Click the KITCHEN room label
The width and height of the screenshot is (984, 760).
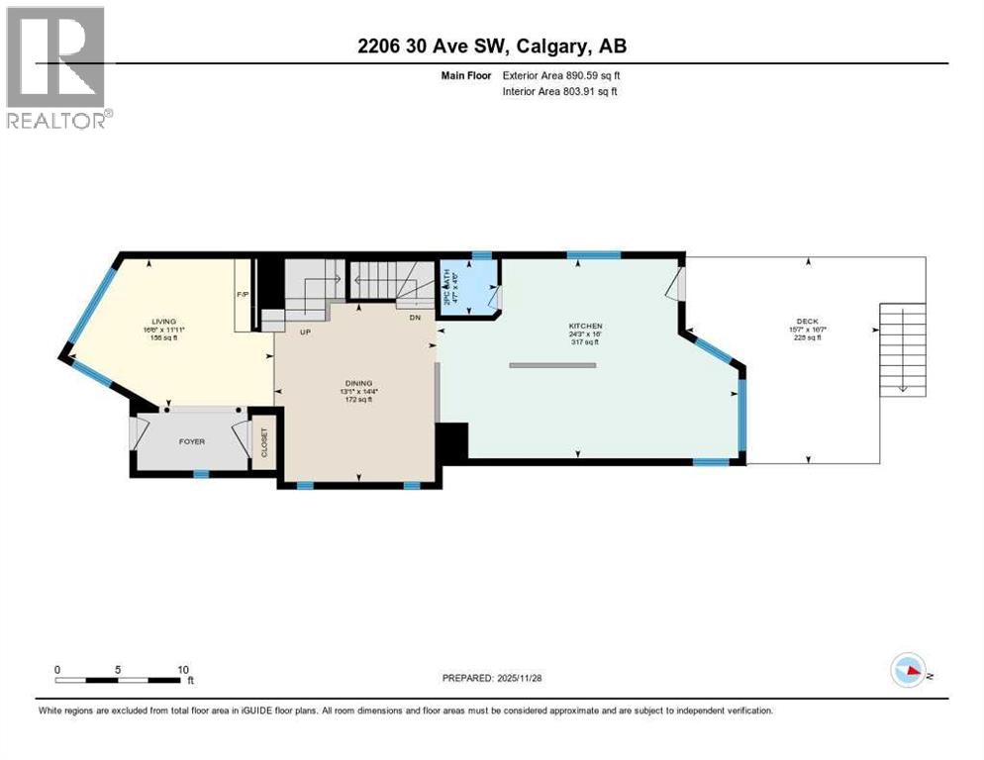coord(585,327)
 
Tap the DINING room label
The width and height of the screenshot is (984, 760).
coord(358,383)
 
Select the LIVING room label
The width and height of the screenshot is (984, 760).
coord(163,322)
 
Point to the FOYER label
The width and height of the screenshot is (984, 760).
coord(192,441)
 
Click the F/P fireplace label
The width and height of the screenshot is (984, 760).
coord(242,295)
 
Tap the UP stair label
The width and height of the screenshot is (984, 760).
coord(306,332)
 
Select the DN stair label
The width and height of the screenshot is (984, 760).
coord(417,318)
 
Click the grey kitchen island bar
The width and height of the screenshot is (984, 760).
coord(552,366)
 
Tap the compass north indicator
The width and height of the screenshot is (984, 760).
coord(909,671)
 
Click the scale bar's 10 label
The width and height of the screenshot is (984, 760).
coord(183,670)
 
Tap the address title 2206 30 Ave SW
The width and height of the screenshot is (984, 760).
coord(491,46)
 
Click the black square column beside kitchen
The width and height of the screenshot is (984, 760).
coord(451,441)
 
